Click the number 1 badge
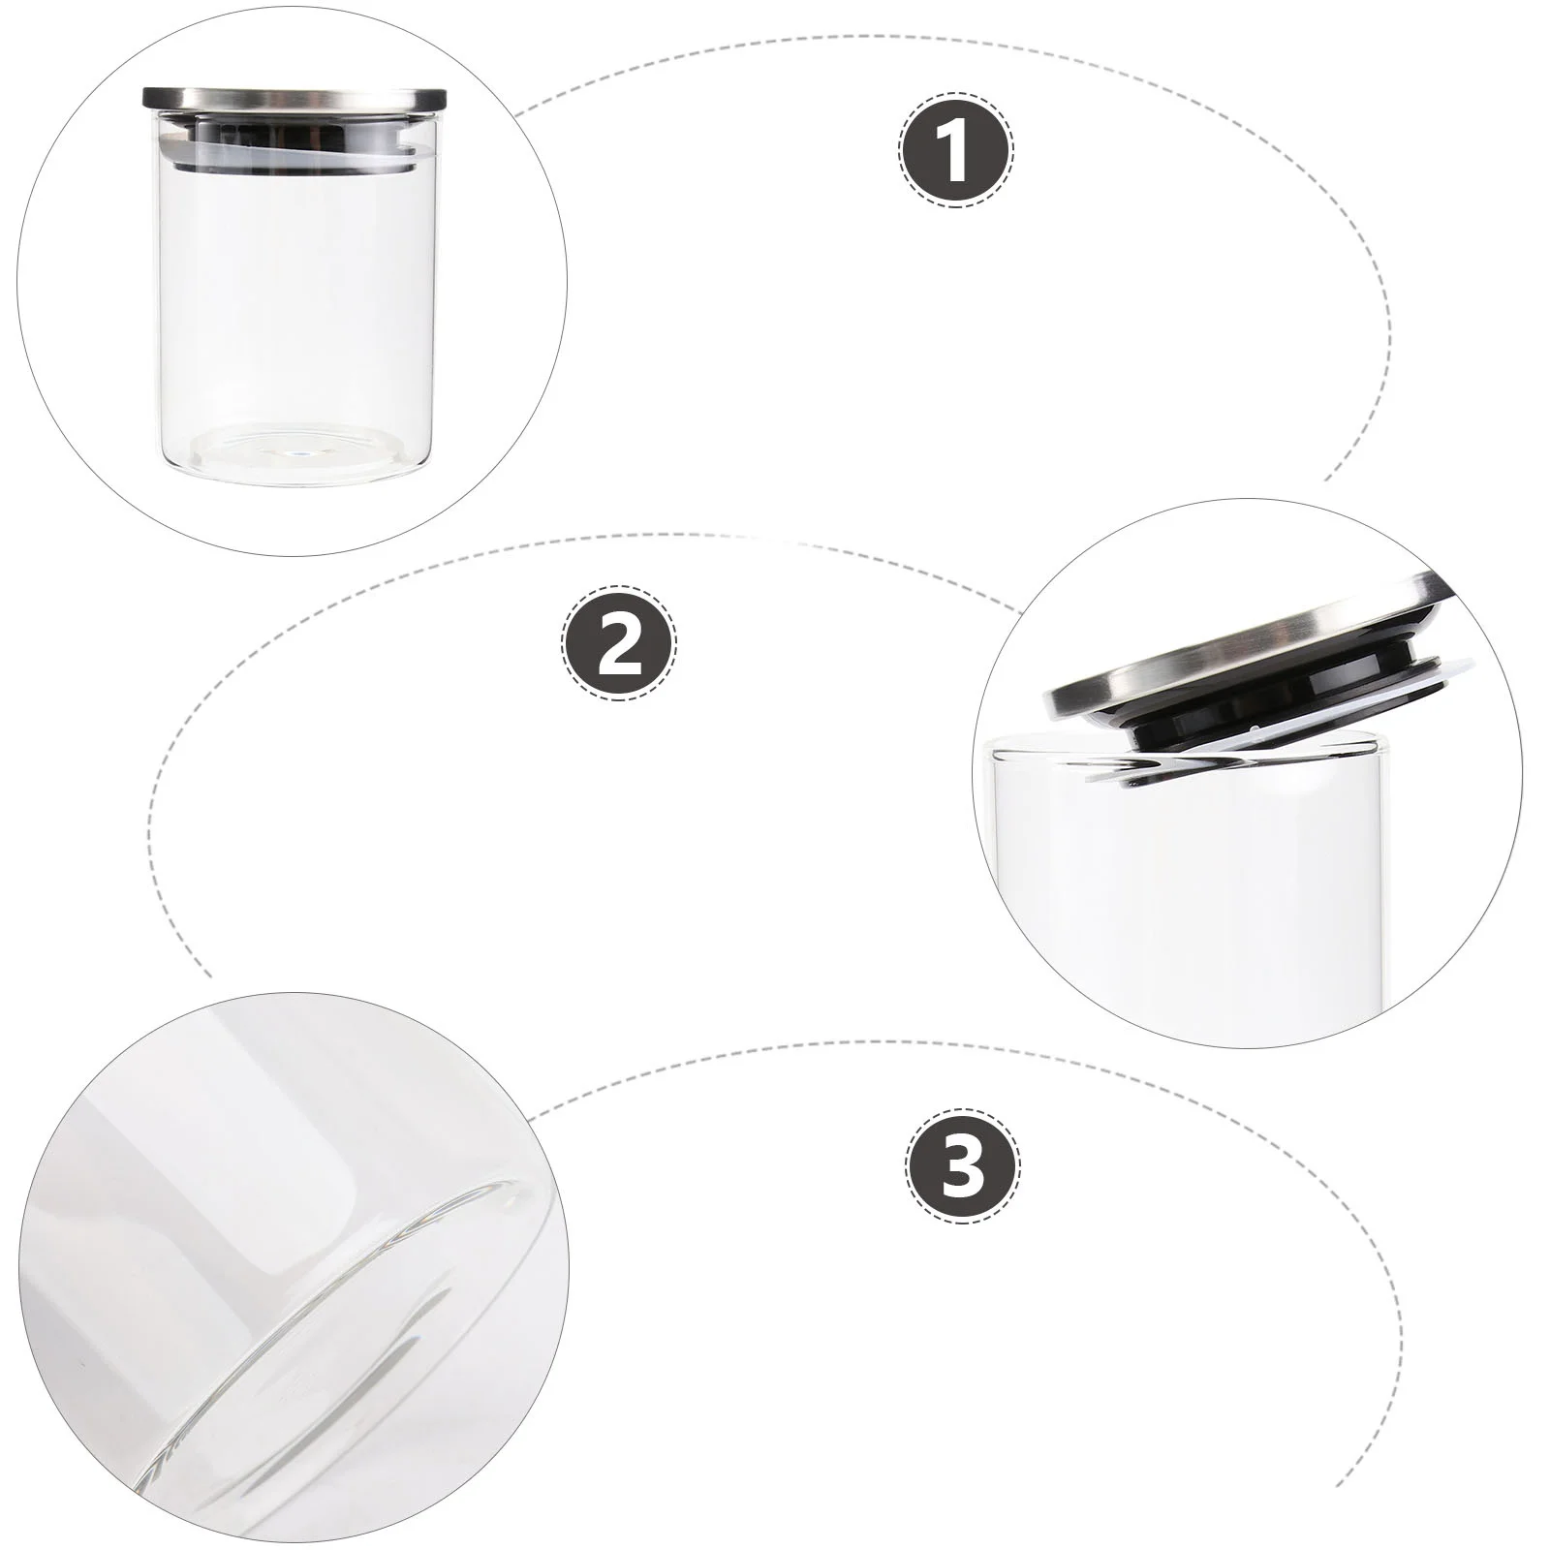pos(955,149)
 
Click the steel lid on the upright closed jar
pos(295,98)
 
